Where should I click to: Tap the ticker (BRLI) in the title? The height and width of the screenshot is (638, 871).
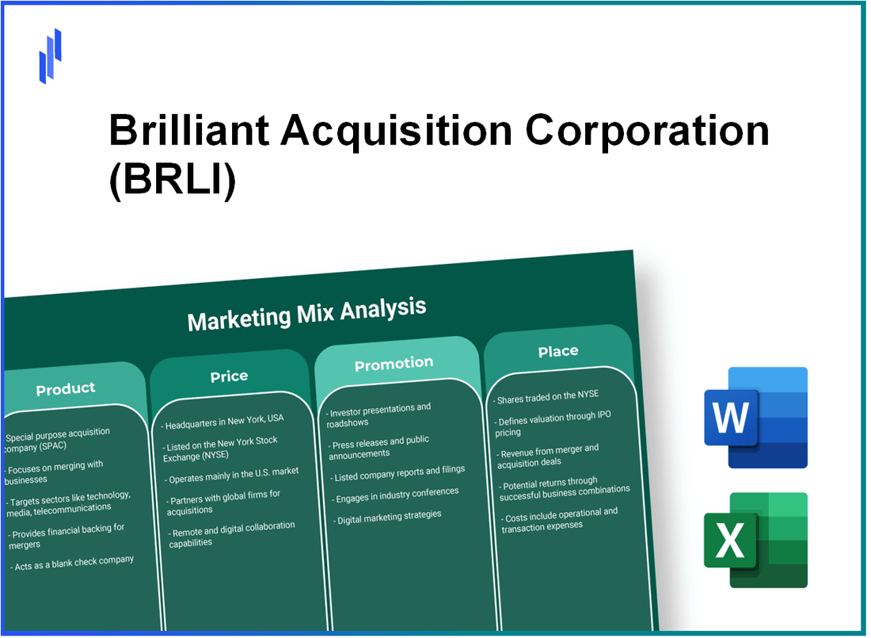tap(172, 181)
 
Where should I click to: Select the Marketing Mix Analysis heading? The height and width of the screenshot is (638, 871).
tap(306, 313)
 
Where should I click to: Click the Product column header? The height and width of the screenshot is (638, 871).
tap(66, 388)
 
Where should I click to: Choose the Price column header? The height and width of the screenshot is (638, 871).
tap(229, 376)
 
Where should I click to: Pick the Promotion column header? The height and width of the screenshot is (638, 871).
tap(394, 363)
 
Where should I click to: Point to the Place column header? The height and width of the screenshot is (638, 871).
tap(558, 351)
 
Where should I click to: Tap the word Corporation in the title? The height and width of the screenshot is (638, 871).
tap(648, 131)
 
